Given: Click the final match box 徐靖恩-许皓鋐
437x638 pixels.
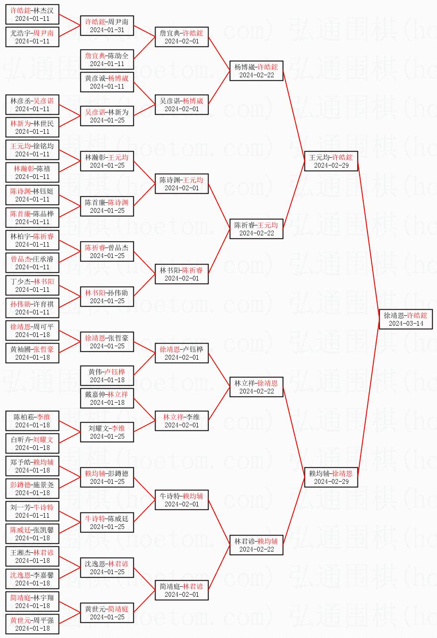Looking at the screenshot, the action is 406,319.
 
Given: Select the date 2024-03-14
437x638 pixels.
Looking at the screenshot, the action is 406,324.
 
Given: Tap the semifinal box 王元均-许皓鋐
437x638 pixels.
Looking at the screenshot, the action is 331,161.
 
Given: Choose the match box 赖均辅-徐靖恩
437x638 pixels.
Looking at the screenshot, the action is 331,477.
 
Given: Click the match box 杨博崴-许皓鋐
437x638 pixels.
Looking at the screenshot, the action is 256,71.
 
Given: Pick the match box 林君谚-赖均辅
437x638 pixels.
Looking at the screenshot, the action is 256,545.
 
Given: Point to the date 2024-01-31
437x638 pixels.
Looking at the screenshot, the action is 107,30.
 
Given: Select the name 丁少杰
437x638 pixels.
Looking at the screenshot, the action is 21,281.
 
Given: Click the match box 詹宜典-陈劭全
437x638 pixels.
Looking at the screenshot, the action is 107,60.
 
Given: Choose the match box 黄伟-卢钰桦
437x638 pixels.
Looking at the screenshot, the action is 107,376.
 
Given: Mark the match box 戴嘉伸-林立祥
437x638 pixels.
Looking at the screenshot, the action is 107,398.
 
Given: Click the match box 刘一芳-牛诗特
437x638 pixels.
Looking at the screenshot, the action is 33,511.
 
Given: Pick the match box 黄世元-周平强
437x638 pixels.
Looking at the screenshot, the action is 33,624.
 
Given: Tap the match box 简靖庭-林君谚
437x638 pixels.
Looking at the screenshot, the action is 182,590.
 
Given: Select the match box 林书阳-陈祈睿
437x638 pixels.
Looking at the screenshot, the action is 182,274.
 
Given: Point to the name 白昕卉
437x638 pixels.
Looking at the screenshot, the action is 21,440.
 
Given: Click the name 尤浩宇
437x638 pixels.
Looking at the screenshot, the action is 21,33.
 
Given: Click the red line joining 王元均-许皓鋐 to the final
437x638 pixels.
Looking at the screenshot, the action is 368,240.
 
